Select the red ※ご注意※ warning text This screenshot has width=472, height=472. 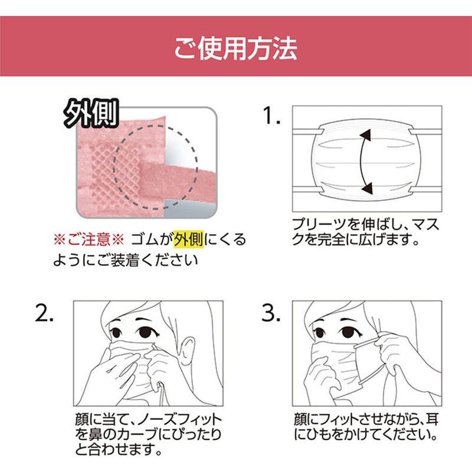(86, 240)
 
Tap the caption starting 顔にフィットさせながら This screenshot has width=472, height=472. (366, 429)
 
